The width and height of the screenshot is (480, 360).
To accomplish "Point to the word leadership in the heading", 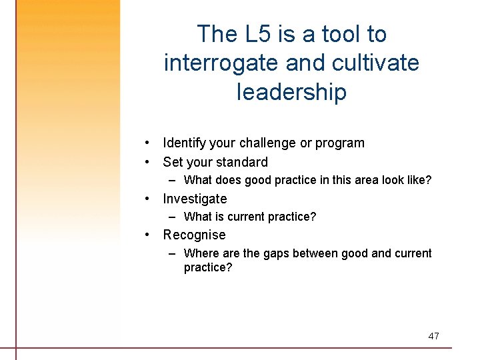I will [291, 92].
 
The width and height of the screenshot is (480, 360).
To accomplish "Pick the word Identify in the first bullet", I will [184, 143].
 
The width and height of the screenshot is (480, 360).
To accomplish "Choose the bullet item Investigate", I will [195, 199].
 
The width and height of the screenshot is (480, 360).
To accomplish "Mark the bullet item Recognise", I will [194, 235].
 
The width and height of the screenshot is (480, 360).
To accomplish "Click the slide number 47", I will [433, 336].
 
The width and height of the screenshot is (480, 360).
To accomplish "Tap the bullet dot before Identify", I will [153, 143].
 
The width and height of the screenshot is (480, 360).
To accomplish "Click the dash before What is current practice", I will [173, 217].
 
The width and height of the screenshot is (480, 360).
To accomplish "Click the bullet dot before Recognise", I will [153, 235].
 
